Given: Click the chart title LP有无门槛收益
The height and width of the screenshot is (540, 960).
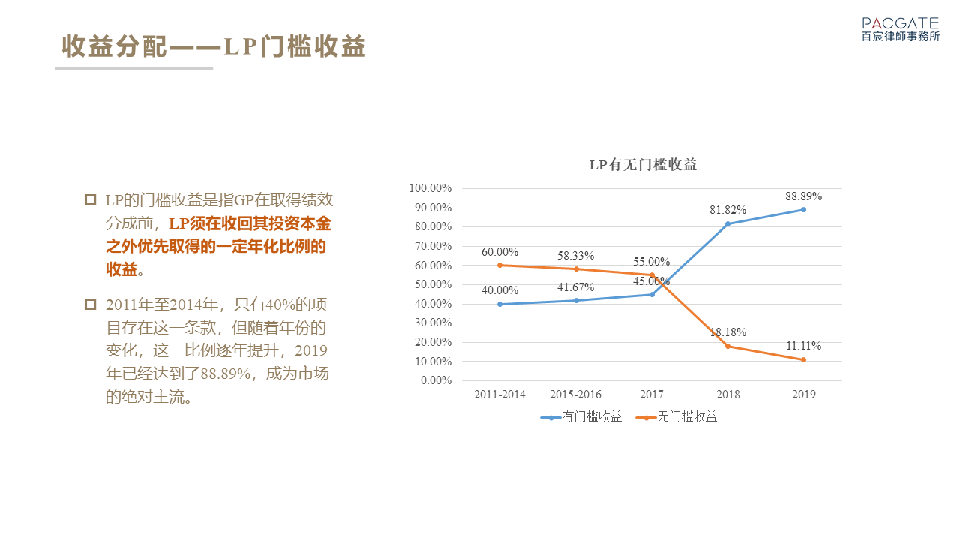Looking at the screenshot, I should coord(643,165).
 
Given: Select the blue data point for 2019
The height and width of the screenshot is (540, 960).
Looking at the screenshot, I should coord(803,209).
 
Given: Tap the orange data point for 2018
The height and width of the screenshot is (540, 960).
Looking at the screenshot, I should coord(727,346).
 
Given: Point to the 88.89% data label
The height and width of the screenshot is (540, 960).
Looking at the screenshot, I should coord(804,196).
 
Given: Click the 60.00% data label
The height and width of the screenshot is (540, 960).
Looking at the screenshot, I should coord(500,252).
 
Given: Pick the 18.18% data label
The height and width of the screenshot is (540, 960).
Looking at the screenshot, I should coord(728,332).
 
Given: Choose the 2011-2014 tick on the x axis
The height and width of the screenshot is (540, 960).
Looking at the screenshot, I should coord(499,394).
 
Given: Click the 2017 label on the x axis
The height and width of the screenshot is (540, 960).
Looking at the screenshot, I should coord(652,394).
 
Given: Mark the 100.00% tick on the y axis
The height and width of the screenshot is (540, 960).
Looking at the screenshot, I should coord(430,188).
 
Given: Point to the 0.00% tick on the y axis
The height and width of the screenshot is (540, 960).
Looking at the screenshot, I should coord(436,380).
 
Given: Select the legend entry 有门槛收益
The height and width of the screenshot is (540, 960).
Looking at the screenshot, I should coord(581,417).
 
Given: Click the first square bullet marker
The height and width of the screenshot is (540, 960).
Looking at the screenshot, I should coord(91,200).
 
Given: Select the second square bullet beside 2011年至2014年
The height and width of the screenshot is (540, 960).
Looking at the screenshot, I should coord(91,304).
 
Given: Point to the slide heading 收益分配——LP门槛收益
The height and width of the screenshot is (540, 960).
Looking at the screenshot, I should coord(214,46).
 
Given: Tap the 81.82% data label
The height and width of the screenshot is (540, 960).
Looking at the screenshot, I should coord(728,211).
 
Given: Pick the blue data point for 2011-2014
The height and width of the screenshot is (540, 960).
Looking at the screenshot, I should coord(499,304).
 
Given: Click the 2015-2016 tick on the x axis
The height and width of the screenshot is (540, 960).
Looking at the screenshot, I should coord(575,394).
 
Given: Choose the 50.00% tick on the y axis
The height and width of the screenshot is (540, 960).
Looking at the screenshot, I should coord(433,284).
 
